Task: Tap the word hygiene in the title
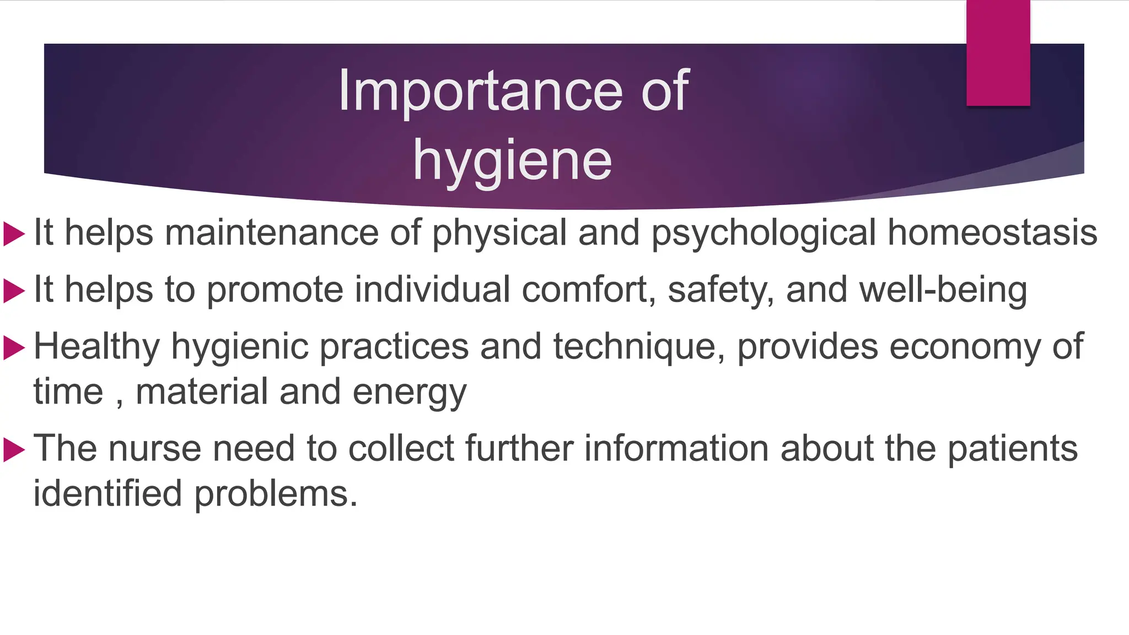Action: (512, 160)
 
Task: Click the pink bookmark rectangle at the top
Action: (998, 53)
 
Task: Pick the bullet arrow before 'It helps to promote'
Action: (14, 290)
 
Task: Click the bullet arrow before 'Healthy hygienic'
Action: (14, 348)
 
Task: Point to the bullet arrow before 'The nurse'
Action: (14, 449)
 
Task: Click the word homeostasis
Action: (992, 232)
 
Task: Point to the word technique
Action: (639, 347)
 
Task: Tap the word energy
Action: (410, 393)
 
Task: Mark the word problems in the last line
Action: (276, 493)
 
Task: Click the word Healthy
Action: (96, 347)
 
